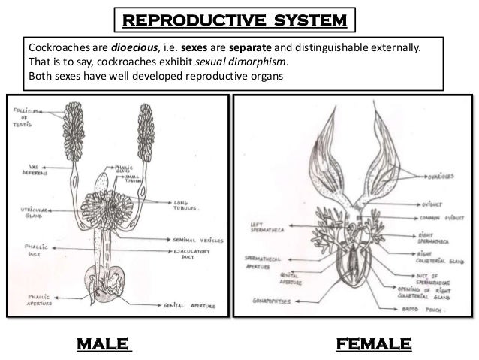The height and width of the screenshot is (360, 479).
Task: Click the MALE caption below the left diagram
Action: click(x=104, y=344)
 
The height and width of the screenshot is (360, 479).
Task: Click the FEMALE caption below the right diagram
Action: click(x=373, y=344)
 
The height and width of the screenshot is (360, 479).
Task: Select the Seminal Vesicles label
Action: click(x=196, y=240)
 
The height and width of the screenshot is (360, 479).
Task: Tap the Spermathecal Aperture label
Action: click(x=264, y=261)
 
